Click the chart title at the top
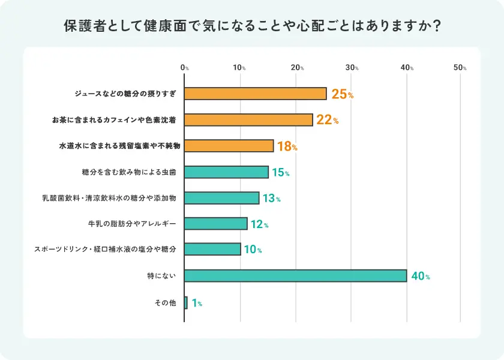[252, 27]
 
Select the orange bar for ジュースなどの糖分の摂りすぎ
[255, 94]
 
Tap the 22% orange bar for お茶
[248, 120]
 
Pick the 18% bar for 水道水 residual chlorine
[229, 146]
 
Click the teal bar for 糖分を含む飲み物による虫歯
[226, 172]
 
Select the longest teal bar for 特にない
[295, 276]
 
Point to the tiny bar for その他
[186, 302]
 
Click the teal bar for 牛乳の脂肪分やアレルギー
[215, 224]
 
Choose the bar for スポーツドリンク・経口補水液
[212, 249]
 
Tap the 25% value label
[342, 94]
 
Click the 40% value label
[420, 277]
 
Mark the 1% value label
[197, 304]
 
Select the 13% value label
[271, 199]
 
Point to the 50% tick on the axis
[460, 68]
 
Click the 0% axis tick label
[185, 68]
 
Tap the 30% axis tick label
[352, 68]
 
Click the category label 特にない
[162, 276]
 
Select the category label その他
[165, 303]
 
